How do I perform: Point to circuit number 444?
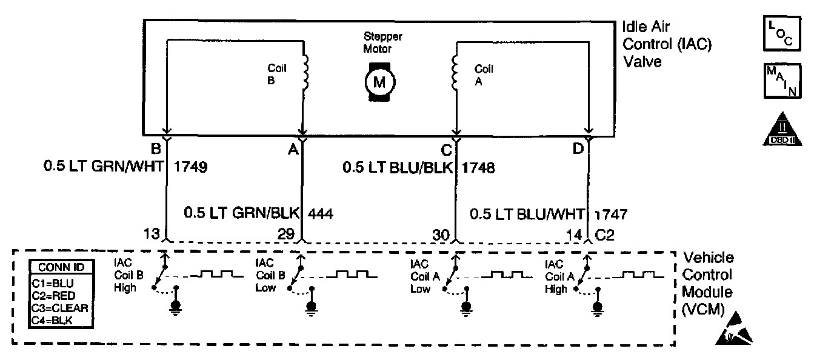[x=321, y=213]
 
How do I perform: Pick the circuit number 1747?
[x=611, y=214]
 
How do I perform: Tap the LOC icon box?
[x=782, y=34]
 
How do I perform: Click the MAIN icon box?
[x=782, y=81]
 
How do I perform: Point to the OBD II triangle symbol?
[x=781, y=130]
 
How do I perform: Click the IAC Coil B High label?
[x=128, y=276]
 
